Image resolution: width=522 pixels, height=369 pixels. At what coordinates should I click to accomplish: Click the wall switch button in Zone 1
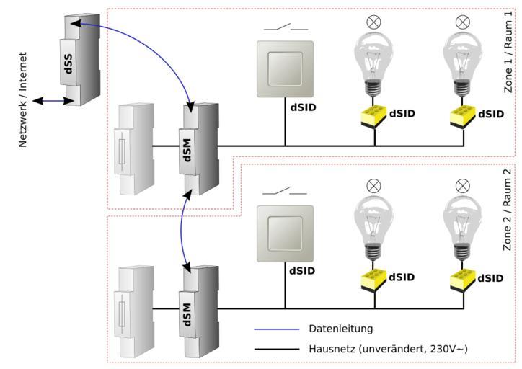point(285,68)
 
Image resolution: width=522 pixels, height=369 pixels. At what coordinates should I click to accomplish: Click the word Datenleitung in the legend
point(340,329)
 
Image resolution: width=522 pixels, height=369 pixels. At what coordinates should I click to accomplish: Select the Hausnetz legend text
point(388,349)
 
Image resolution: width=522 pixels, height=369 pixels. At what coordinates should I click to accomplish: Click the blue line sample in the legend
point(276,329)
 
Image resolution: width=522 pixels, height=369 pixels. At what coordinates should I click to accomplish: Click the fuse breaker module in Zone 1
point(135,150)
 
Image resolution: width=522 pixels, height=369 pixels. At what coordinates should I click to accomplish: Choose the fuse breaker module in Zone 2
point(135,311)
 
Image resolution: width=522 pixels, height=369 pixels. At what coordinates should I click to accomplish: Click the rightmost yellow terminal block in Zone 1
point(463,115)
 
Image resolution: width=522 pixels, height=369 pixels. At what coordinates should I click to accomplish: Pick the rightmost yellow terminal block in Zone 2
point(463,278)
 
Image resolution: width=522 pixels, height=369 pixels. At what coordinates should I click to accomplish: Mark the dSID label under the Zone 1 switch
point(303,108)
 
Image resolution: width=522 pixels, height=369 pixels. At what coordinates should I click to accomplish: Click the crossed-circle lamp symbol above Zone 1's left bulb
point(373,22)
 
